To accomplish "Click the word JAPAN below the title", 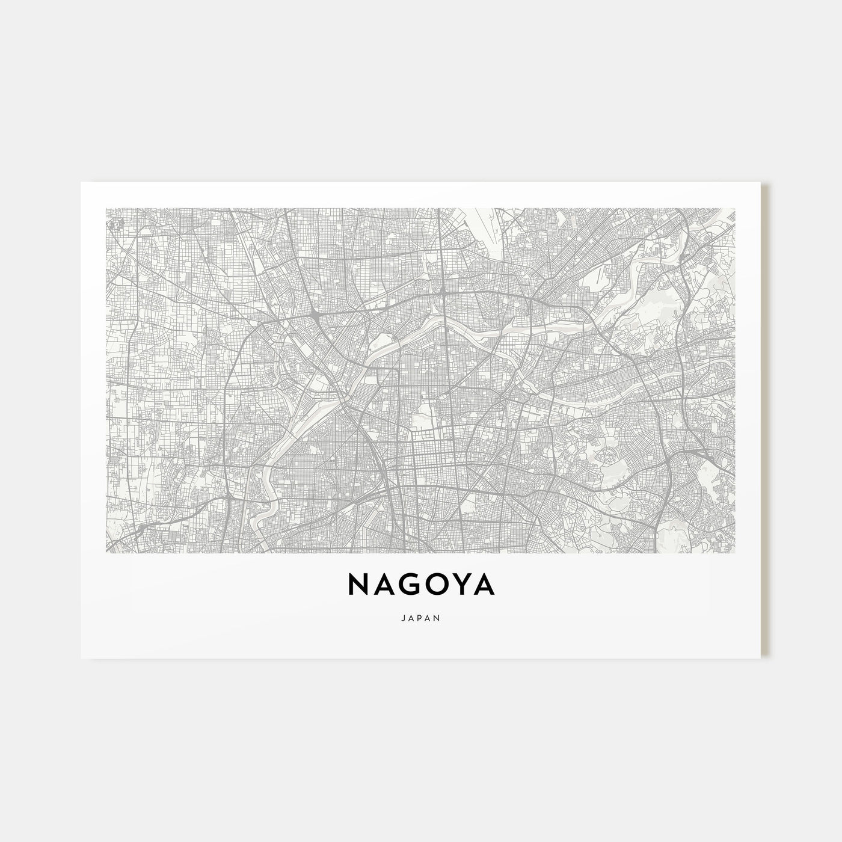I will coord(420,617).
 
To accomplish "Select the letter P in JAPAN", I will coord(420,617).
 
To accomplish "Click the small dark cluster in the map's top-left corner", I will coord(116,224).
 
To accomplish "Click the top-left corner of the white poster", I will coord(81,183).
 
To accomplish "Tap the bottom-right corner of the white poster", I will coord(761,657).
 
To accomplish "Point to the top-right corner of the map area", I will coord(735,209).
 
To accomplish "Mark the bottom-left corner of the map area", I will coord(106,552).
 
